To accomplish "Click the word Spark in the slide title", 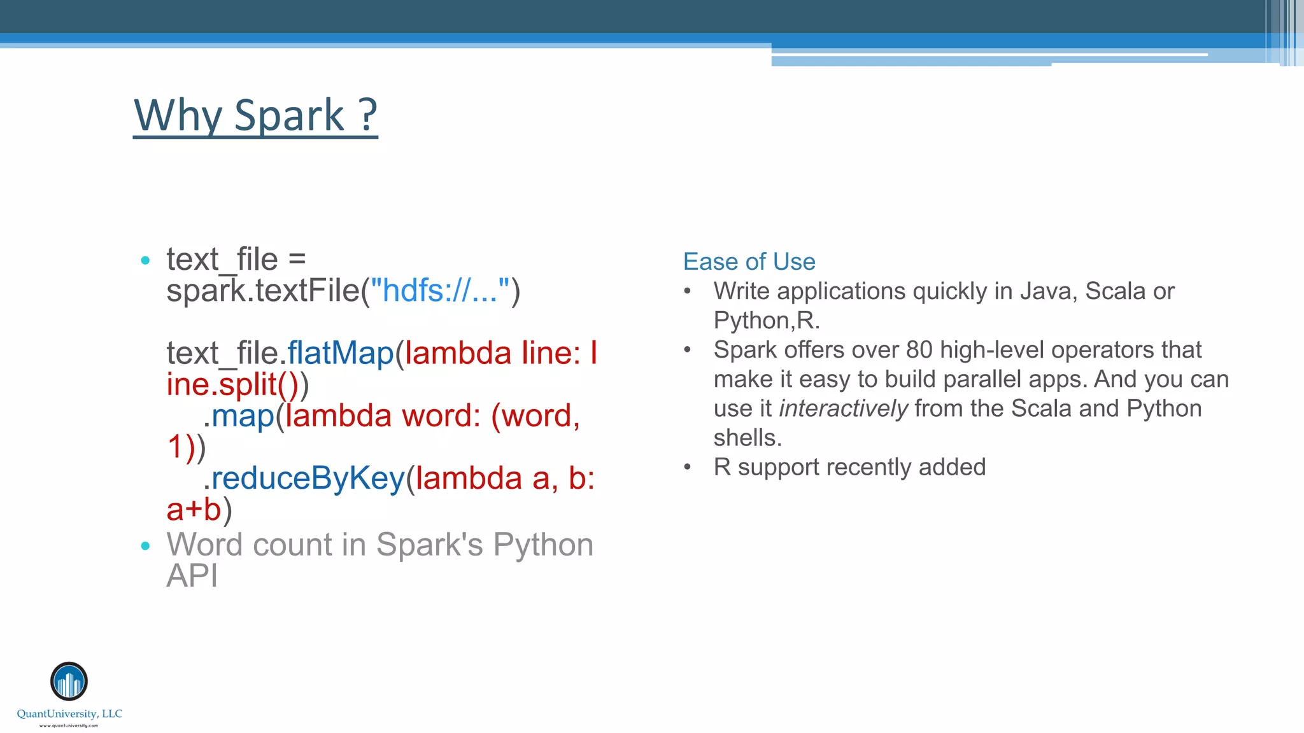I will coord(289,116).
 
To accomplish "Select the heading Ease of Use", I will coord(749,262).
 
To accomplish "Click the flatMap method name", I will coord(341,353).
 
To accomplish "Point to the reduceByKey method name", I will coord(308,478).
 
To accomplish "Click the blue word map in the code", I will coord(243,415).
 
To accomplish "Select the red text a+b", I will coord(194,510).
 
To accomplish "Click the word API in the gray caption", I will coord(192,576).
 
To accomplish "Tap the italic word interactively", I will coord(843,408).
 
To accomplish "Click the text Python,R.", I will coord(766,321).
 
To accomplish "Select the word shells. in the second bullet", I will coord(747,438).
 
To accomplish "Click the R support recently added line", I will coord(849,467).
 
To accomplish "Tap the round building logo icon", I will coord(69,681).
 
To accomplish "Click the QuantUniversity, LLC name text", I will coord(69,714).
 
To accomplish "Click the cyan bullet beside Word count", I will coord(145,545).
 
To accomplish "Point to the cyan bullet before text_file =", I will coord(145,260).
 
